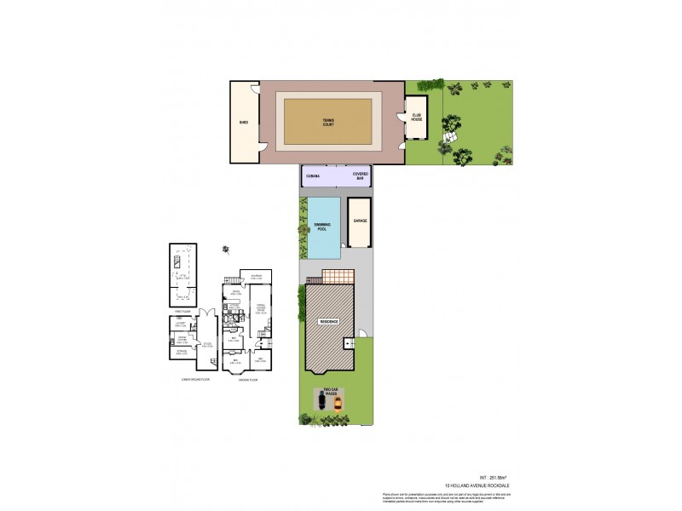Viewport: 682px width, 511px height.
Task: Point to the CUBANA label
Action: tap(313, 176)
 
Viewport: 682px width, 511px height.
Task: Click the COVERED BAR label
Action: tap(360, 176)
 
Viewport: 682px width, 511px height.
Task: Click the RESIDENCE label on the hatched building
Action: tap(328, 321)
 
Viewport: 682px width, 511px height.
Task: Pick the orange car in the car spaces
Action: tap(337, 404)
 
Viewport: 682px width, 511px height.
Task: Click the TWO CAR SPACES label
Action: tap(330, 393)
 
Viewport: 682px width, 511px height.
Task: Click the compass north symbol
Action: tap(226, 249)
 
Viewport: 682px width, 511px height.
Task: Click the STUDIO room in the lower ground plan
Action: tap(206, 345)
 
